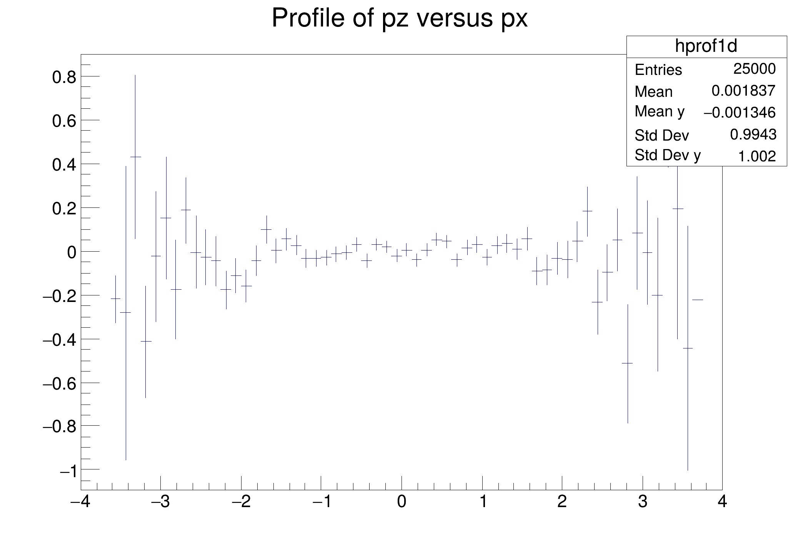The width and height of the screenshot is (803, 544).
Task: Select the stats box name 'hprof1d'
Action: click(706, 46)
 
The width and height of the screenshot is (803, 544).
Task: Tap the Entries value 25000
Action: click(754, 69)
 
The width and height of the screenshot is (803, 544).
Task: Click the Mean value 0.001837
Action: click(743, 91)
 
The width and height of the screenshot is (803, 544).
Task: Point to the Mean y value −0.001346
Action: click(739, 113)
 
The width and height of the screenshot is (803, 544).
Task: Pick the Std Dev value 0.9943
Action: click(753, 134)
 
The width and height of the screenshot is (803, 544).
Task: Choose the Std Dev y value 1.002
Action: click(756, 156)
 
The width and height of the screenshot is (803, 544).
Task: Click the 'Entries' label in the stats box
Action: click(658, 70)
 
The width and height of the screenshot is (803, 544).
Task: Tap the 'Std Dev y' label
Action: click(667, 155)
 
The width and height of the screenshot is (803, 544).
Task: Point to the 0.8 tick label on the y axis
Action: click(64, 77)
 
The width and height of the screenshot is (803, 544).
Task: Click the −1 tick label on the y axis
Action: click(68, 471)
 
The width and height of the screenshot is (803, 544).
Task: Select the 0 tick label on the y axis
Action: click(72, 252)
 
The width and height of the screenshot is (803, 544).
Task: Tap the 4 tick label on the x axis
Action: click(722, 502)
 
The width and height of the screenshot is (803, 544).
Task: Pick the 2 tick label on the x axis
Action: click(562, 502)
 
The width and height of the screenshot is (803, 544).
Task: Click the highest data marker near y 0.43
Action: click(135, 157)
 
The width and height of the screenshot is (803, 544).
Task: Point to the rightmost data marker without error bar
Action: click(698, 300)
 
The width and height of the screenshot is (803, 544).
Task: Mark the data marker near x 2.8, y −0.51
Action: click(628, 363)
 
